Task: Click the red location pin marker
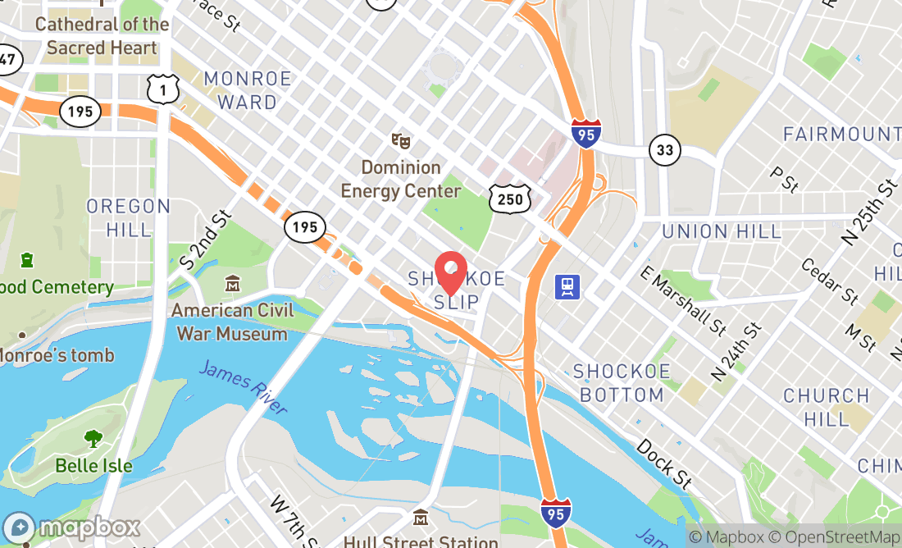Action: click(450, 274)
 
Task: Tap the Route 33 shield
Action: click(664, 150)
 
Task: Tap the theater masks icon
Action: click(400, 141)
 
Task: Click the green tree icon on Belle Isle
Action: click(93, 439)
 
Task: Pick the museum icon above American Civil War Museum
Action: click(234, 284)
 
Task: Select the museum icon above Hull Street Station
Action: click(421, 518)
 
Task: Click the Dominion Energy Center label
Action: click(401, 180)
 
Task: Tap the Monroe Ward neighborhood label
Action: click(248, 90)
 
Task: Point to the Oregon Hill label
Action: click(129, 217)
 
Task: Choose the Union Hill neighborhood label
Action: click(722, 231)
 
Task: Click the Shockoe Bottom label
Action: click(622, 383)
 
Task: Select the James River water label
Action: click(243, 387)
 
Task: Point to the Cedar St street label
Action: click(829, 281)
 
